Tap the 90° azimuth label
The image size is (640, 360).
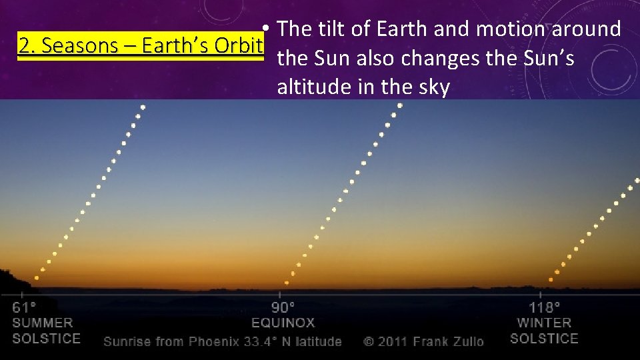tap(283, 308)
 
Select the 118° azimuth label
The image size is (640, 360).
tap(544, 308)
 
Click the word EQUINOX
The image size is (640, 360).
tap(283, 323)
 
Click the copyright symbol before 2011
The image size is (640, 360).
tap(369, 341)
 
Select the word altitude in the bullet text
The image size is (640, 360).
tap(313, 88)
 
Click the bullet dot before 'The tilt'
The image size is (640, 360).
tap(265, 29)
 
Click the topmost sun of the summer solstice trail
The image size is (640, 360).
tap(143, 107)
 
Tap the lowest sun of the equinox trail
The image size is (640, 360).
tap(287, 282)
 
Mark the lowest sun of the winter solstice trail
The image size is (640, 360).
tap(551, 279)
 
